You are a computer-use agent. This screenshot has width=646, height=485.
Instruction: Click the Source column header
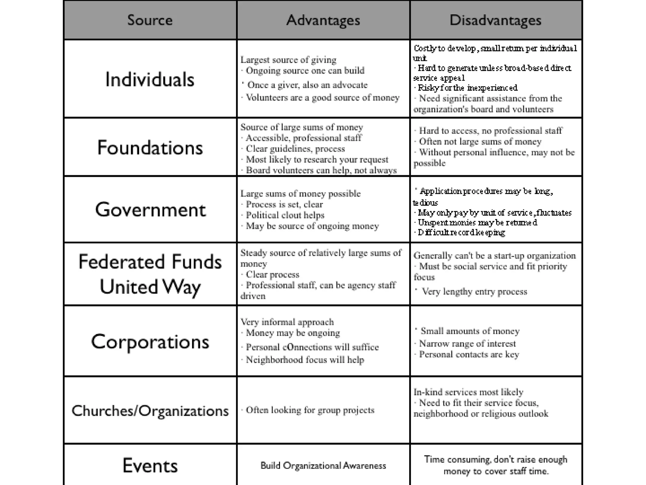click(150, 20)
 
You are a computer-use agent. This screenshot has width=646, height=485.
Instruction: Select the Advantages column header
click(323, 20)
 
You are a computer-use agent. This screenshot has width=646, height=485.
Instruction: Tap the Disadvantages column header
click(495, 20)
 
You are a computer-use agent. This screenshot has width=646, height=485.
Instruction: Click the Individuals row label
click(150, 79)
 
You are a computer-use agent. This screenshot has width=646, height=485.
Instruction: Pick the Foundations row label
click(150, 147)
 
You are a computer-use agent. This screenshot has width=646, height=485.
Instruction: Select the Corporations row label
click(150, 342)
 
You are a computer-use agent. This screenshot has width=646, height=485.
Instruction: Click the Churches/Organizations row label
click(150, 411)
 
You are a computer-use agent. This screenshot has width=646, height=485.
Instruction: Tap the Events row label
click(150, 465)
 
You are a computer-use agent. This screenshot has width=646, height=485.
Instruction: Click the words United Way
click(150, 287)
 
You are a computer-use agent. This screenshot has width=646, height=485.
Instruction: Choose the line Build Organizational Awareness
click(323, 466)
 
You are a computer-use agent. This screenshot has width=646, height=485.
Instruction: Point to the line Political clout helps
click(285, 215)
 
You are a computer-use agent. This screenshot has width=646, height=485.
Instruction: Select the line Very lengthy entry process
click(474, 291)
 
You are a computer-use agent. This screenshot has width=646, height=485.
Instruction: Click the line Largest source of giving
click(288, 60)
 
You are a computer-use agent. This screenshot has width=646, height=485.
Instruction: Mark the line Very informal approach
click(287, 322)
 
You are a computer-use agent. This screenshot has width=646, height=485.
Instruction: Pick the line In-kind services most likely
click(468, 392)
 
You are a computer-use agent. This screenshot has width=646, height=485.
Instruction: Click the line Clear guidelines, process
click(295, 149)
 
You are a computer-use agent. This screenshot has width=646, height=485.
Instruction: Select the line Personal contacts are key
click(469, 355)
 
